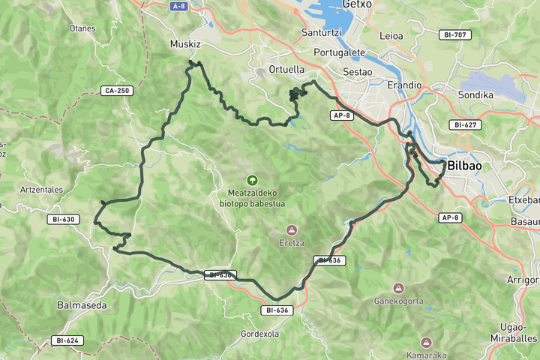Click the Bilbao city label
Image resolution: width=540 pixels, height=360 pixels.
coord(465,166)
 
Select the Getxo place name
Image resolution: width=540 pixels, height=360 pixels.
coord(356,4)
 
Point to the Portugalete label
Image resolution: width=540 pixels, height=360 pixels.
coord(339,53)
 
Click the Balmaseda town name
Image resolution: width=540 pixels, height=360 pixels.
coord(82,305)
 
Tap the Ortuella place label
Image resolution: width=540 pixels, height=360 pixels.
coord(286,69)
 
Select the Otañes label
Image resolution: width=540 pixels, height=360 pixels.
coord(82,28)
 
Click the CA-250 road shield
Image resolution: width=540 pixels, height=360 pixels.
coord(116,91)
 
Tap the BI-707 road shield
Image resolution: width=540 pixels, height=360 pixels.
coord(455,34)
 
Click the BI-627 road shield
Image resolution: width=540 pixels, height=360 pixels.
coord(467,124)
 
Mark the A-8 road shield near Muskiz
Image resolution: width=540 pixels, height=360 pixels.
coord(178,6)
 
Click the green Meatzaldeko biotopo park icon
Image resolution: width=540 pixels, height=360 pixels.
coord(252,180)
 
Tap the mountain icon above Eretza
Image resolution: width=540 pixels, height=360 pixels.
coord(291,229)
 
